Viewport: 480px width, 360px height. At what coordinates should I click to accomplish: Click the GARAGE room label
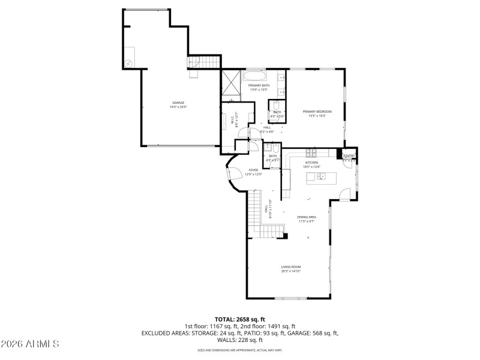pos(179,103)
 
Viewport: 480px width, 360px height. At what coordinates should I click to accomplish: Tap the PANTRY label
pos(349,157)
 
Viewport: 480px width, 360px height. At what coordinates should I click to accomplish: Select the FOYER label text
pos(253,170)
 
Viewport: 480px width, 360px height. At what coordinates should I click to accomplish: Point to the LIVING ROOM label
pos(291,267)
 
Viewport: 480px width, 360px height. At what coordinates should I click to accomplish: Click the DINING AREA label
pos(306,217)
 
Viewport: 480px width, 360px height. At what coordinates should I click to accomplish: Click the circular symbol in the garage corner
pos(128,64)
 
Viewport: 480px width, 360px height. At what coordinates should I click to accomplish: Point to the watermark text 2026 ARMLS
pos(30,344)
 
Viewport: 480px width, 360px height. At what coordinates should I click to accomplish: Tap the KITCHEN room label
pos(311,163)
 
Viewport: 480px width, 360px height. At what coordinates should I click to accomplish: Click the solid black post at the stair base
pos(286,236)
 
